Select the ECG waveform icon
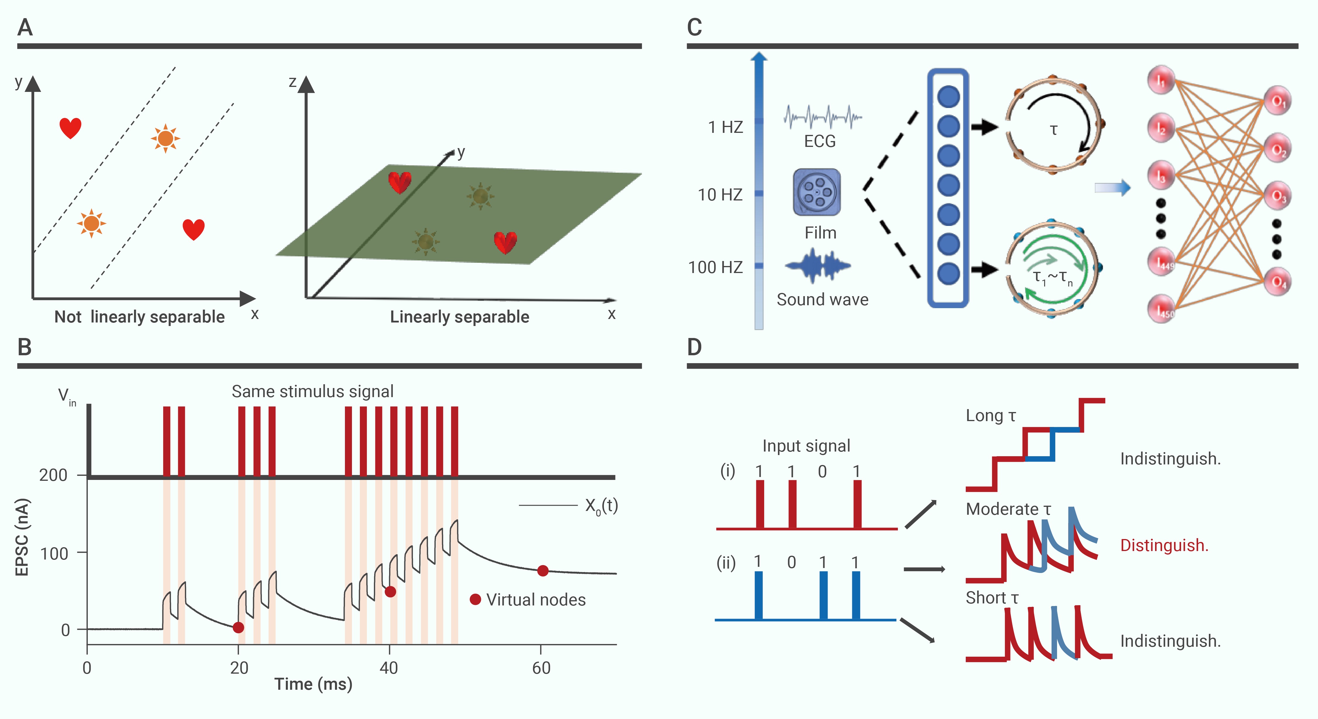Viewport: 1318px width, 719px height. tap(822, 117)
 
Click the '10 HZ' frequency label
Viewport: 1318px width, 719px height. tap(720, 195)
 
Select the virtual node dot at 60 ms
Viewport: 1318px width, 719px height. tap(543, 571)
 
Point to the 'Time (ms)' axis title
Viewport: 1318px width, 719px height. tap(313, 684)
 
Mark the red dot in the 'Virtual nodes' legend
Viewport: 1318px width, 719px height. tap(475, 599)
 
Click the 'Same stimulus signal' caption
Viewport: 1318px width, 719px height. tap(313, 392)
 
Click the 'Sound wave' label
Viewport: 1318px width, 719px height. tap(822, 299)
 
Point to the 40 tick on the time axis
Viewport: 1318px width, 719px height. tap(389, 668)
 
